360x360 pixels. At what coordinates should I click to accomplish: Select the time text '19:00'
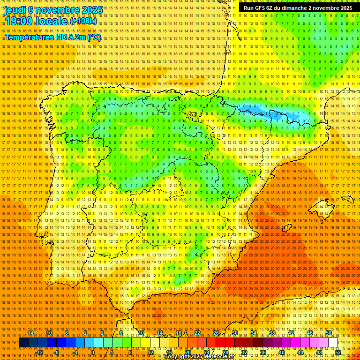pos(21,22)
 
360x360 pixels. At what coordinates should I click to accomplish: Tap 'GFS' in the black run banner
pos(261,8)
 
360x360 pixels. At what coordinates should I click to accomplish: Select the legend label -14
pos(30,333)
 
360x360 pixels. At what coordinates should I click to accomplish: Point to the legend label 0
pos(93,352)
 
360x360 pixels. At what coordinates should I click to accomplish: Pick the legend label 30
pos(235,333)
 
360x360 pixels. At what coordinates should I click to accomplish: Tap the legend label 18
pos(179,333)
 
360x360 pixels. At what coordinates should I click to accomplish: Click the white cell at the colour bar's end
pos(333,343)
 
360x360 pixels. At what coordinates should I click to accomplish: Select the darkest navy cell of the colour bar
pos(23,343)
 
